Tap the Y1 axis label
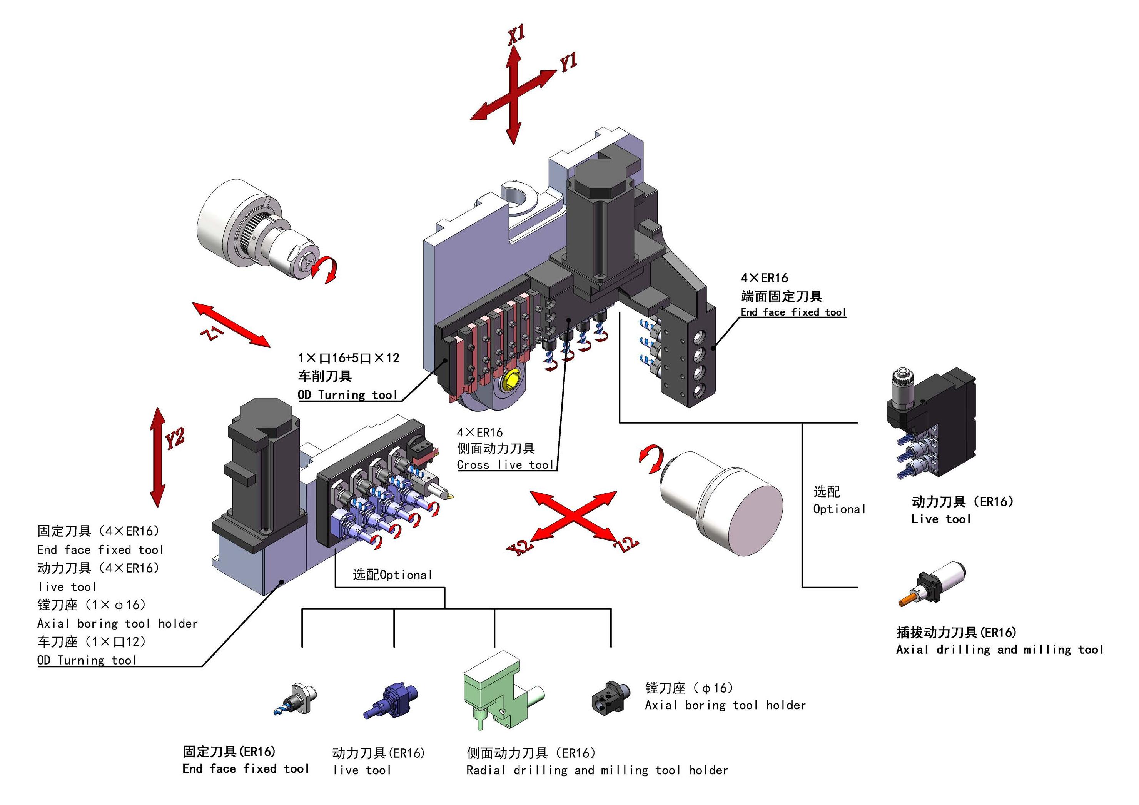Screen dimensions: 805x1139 pos(568,62)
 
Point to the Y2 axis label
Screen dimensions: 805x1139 pos(175,438)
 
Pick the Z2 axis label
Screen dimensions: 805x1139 pos(626,544)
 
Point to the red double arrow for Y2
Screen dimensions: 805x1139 pos(158,456)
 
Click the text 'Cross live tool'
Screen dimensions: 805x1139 pos(505,465)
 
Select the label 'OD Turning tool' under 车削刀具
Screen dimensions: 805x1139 pos(347,395)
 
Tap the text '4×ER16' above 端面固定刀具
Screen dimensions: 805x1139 pos(764,278)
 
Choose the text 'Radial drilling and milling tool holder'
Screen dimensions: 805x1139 pos(597,770)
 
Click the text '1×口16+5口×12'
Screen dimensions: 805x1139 pos(348,358)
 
